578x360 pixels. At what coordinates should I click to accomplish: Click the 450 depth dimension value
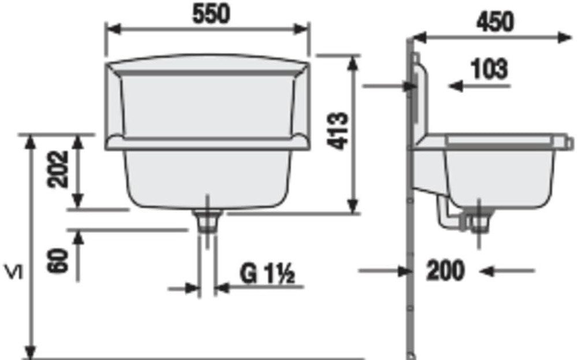coord(494,22)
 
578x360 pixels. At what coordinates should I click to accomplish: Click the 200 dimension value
coord(445,270)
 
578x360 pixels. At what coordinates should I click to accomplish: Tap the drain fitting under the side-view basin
coord(479,221)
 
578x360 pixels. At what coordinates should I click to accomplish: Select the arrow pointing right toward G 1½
coord(191,287)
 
